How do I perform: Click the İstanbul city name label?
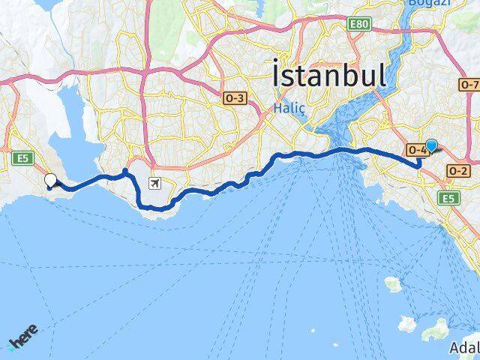330,76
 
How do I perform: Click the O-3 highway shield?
235,97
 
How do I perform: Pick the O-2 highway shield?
457,171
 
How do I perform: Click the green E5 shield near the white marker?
21,157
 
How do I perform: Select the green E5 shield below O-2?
449,198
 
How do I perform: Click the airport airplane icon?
154,183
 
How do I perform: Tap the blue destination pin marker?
431,146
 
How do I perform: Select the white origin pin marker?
51,180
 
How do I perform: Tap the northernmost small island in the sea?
392,284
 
